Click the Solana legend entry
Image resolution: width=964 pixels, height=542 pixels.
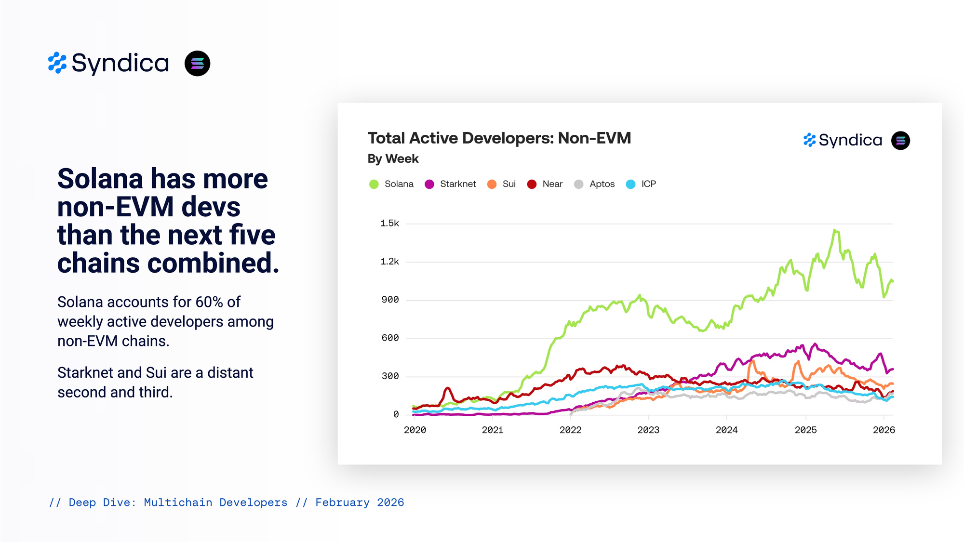[391, 184]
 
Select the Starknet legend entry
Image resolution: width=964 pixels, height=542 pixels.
[450, 184]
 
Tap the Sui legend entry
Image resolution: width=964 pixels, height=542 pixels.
[502, 184]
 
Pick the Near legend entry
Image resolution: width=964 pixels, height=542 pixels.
[545, 184]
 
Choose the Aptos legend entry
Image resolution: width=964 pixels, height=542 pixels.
[595, 184]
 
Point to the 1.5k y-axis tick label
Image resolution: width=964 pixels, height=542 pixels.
[389, 224]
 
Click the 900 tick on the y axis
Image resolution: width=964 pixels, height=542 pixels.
[390, 300]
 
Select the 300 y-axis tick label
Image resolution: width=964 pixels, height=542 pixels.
[390, 376]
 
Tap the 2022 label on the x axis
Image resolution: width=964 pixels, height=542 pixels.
[570, 430]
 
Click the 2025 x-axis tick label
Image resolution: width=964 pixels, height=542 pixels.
[805, 430]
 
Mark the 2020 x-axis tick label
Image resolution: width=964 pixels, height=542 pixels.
[415, 430]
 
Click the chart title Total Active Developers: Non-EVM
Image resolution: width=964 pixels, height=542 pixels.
[499, 138]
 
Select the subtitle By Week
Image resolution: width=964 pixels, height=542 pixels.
[393, 159]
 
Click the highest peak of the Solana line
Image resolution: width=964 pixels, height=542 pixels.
[835, 230]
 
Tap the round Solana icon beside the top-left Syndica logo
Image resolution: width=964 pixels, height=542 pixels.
[197, 64]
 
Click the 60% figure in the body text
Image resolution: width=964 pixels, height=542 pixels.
[209, 302]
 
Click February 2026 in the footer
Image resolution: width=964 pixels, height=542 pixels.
[360, 502]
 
